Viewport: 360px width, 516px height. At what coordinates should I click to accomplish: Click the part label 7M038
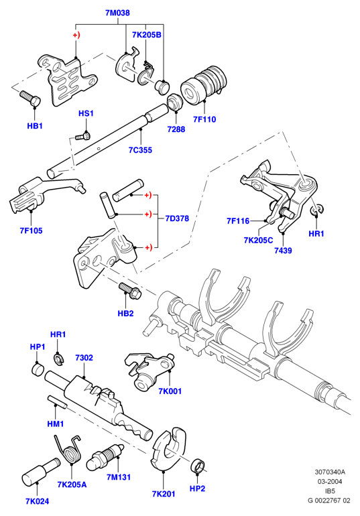[117, 13]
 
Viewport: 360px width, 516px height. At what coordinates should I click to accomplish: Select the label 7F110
[204, 119]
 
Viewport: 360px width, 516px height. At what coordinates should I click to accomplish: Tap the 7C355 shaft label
[140, 150]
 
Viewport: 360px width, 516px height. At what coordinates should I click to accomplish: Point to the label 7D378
[177, 218]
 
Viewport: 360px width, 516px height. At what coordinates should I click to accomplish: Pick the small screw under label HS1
[82, 136]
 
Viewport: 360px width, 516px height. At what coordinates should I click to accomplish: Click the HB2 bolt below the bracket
[130, 290]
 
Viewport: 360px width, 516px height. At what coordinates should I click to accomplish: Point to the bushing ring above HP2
[198, 465]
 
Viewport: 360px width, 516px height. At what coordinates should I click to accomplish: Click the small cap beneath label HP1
[38, 369]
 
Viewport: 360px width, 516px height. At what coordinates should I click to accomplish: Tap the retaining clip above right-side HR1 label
[317, 210]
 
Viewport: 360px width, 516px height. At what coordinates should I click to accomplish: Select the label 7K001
[170, 391]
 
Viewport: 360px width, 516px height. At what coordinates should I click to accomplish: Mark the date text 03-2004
[329, 481]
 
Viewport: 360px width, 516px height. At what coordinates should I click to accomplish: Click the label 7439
[283, 251]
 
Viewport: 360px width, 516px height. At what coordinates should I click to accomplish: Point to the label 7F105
[31, 231]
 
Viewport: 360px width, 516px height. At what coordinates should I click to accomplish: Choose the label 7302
[84, 358]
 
